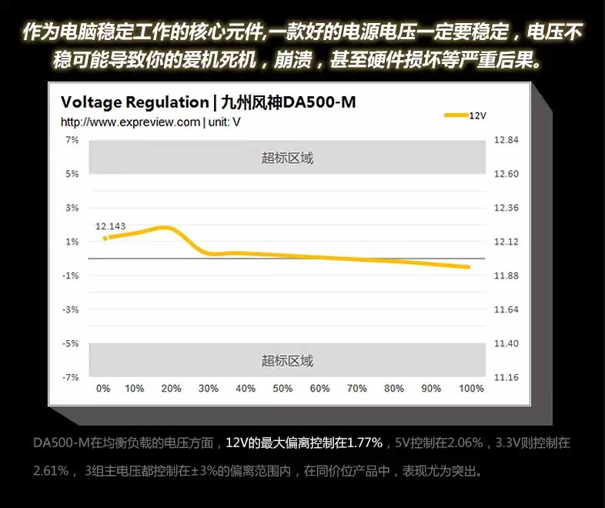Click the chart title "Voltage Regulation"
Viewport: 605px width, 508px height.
(x=134, y=103)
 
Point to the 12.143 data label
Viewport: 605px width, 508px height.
(x=110, y=226)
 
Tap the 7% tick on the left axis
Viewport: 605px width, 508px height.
(x=72, y=140)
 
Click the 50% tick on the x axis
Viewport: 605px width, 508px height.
(x=282, y=389)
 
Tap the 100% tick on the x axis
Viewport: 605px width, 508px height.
(x=471, y=389)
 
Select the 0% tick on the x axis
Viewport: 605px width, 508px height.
(x=103, y=389)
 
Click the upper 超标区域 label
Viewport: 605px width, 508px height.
(x=287, y=159)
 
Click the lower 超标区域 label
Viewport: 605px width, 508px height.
(x=287, y=361)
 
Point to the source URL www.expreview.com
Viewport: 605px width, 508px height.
(x=129, y=122)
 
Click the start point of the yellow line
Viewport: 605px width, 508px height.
(x=105, y=238)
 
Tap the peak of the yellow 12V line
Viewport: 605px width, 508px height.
(x=163, y=227)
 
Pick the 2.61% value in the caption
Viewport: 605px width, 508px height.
(x=51, y=470)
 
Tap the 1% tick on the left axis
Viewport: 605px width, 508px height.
(x=72, y=242)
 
